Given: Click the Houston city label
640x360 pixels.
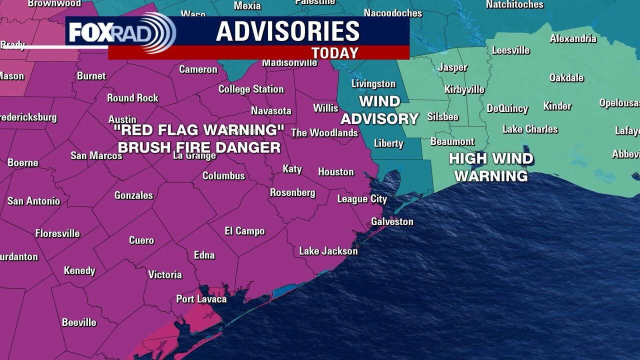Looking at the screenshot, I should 335,172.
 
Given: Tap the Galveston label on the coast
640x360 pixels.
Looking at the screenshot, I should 392,221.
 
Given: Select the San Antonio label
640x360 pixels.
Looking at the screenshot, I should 33,201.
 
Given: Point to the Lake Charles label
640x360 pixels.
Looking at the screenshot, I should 530,129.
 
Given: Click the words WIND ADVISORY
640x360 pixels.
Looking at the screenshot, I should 379,110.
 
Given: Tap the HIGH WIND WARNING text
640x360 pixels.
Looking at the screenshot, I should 491,167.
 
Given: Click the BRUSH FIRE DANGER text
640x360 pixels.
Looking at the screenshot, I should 199,147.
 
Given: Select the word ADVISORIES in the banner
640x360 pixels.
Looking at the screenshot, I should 287,31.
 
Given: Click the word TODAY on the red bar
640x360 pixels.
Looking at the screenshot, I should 334,53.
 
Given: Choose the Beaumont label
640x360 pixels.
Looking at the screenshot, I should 452,142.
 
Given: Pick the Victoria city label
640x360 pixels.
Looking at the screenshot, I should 165,275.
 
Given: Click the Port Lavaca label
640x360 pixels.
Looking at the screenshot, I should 201,299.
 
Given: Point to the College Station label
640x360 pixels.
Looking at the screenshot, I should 251,89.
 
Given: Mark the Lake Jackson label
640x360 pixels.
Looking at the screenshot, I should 328,251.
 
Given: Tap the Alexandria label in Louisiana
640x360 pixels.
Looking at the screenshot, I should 573,39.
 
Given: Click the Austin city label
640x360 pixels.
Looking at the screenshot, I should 122,119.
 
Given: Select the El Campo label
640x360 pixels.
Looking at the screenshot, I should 244,231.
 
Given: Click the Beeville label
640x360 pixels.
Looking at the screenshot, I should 79,322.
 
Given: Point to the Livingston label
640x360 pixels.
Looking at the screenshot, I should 373,84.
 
